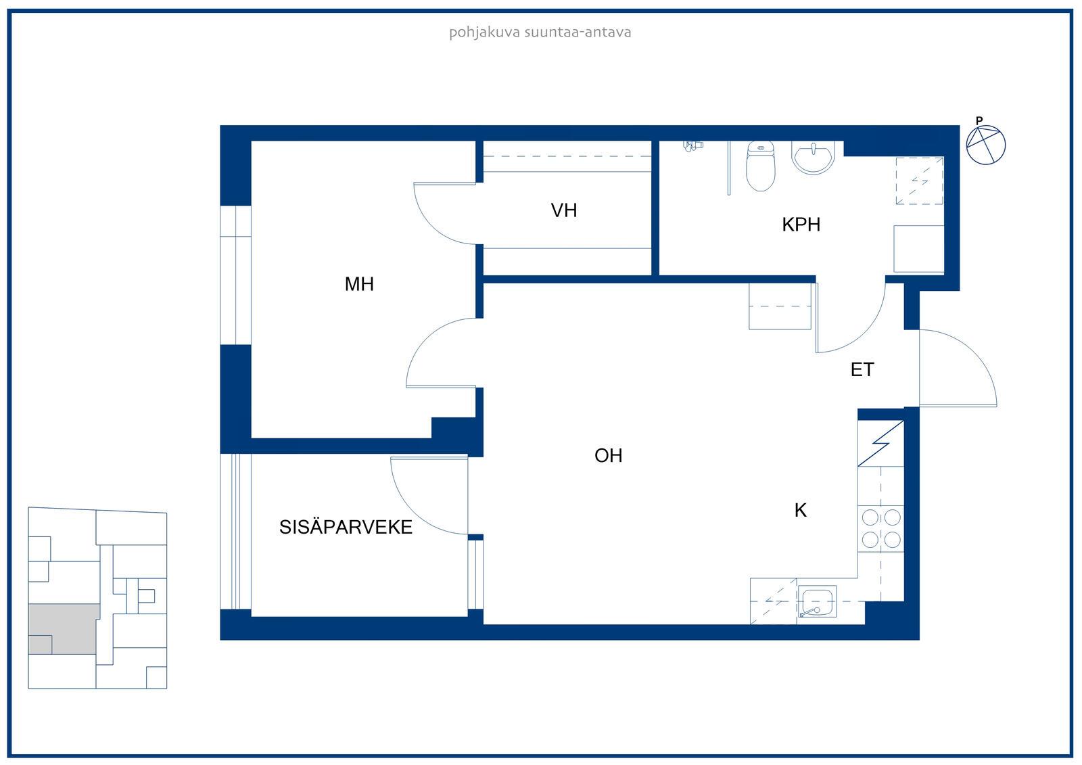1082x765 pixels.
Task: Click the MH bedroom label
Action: pyautogui.click(x=359, y=283)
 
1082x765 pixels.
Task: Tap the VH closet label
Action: pyautogui.click(x=564, y=210)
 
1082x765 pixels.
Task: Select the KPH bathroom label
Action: pyautogui.click(x=801, y=225)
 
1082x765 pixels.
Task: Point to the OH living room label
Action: pyautogui.click(x=608, y=455)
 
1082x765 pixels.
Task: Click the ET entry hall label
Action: pyautogui.click(x=862, y=370)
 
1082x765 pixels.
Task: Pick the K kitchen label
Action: pyautogui.click(x=801, y=510)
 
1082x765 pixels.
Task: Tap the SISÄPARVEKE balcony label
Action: pyautogui.click(x=346, y=527)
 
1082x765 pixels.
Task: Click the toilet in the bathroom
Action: pyautogui.click(x=760, y=166)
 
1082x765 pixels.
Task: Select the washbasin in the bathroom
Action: pyautogui.click(x=814, y=158)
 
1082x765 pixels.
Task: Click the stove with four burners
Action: pyautogui.click(x=881, y=528)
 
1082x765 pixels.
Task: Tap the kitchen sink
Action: pyautogui.click(x=817, y=602)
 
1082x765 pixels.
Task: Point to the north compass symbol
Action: pyautogui.click(x=985, y=143)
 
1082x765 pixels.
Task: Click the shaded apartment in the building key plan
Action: pyautogui.click(x=63, y=628)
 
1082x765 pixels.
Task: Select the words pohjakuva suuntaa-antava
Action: pyautogui.click(x=540, y=32)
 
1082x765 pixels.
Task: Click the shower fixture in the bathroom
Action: pyautogui.click(x=693, y=146)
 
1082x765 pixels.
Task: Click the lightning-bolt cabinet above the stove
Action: pyautogui.click(x=881, y=444)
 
